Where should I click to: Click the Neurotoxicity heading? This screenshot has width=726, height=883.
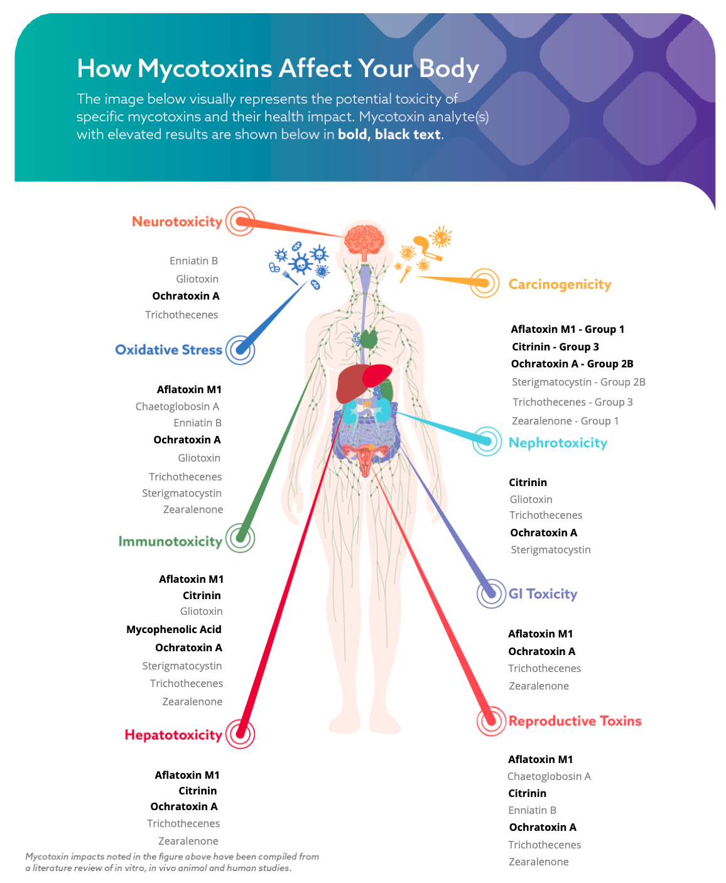pos(177,222)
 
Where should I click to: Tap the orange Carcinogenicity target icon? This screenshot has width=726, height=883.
pos(485,283)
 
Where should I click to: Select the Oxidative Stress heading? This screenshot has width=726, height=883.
pos(168,350)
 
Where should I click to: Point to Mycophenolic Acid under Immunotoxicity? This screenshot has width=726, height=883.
pos(174,629)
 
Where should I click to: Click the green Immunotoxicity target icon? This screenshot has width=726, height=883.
pos(240,538)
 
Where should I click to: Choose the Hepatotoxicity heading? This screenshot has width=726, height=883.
pos(173,735)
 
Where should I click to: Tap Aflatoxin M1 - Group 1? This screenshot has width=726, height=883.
pos(567,329)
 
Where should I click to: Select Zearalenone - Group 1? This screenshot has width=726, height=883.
pos(565,421)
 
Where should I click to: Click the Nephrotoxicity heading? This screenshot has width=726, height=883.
pos(558,443)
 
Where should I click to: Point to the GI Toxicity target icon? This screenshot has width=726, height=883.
pos(491,593)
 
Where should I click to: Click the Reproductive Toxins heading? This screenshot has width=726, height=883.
pos(575,721)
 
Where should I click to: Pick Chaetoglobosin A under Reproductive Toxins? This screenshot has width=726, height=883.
pos(549,776)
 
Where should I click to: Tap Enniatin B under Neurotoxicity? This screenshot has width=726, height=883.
pos(193,261)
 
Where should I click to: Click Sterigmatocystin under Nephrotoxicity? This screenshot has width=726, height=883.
pos(550,550)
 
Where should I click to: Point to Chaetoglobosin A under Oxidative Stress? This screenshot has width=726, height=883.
pos(177,406)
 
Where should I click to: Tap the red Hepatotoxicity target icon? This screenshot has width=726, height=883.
pos(240,734)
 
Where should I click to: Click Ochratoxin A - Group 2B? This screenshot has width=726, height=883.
pos(572,364)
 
